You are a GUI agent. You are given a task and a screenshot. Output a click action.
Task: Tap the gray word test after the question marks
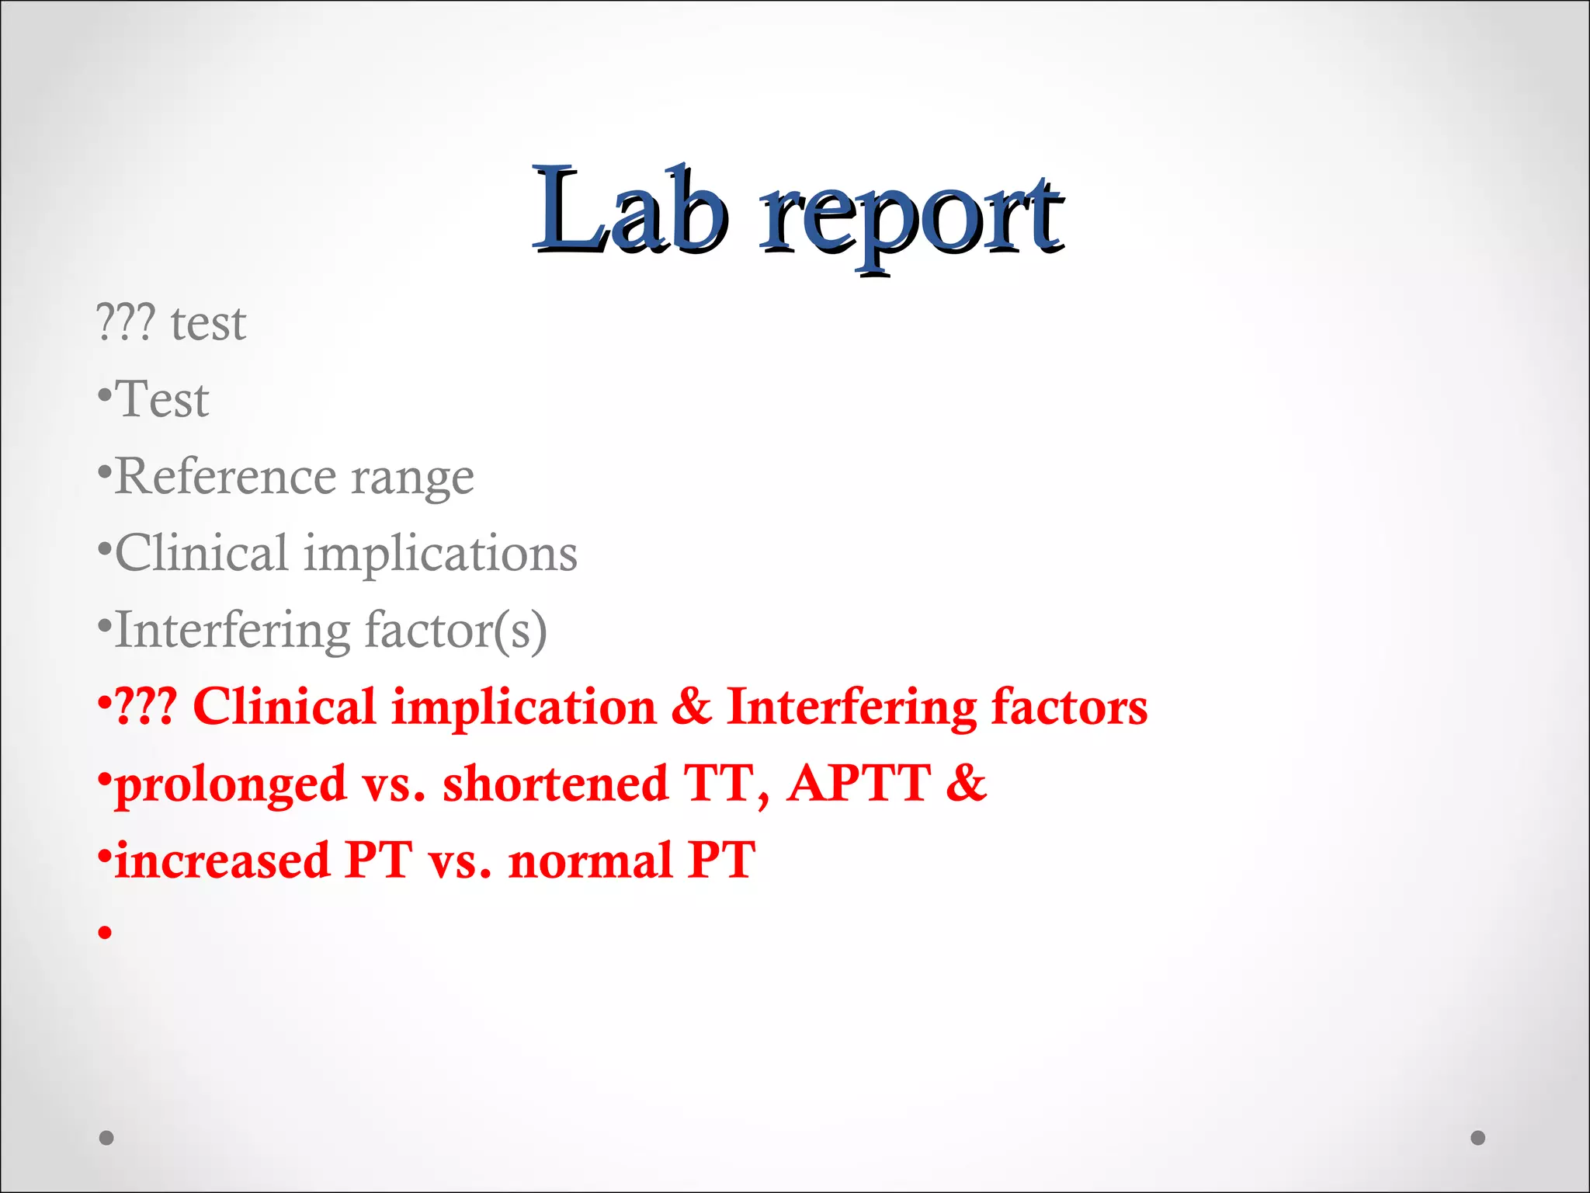click(x=208, y=323)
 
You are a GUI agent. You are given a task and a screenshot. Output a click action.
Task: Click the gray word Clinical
click(x=202, y=553)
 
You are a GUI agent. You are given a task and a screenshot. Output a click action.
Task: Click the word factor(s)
click(x=456, y=631)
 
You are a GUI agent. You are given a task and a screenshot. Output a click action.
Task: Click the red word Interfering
click(x=851, y=708)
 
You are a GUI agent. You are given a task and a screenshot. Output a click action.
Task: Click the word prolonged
click(x=231, y=784)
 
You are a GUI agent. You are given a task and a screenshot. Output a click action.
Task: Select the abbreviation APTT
click(x=859, y=783)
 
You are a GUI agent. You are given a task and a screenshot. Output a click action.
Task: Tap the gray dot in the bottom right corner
click(x=1478, y=1138)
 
